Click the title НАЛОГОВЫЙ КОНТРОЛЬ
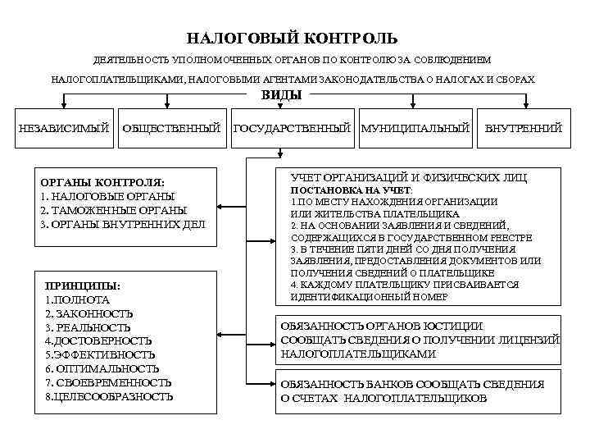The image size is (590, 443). coord(293,38)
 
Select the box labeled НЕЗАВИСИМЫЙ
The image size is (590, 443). coord(64,128)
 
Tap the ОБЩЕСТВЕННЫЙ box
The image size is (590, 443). coord(171,128)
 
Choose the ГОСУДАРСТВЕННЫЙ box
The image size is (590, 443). coord(293,128)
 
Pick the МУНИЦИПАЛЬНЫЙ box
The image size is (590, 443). coord(415,128)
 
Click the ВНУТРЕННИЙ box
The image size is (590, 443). coord(523,128)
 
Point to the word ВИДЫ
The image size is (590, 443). coord(281,95)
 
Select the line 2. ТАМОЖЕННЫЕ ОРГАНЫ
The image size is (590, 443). coord(113,209)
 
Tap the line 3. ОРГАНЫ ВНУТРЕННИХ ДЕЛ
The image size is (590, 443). coord(123,223)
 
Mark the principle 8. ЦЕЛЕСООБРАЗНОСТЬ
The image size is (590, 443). coord(109,396)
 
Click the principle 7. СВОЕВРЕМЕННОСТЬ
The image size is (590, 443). coord(108,382)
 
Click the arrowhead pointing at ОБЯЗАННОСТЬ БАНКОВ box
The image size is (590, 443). coord(275,383)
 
